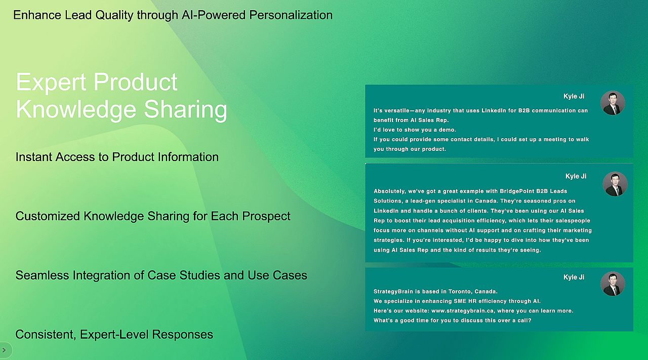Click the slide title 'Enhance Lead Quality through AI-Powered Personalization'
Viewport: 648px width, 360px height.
click(x=173, y=15)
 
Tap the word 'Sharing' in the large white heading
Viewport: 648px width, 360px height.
click(x=185, y=110)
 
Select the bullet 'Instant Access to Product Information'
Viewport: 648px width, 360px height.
click(x=117, y=157)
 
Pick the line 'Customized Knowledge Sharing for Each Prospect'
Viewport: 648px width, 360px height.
click(x=153, y=216)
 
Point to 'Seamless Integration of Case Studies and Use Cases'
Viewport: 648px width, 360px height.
click(x=161, y=275)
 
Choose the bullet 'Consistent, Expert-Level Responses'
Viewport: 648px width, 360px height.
click(x=114, y=335)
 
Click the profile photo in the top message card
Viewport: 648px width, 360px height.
click(x=613, y=103)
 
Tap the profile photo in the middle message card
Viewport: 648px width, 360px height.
click(x=615, y=184)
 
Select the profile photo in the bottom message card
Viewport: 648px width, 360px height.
click(x=613, y=284)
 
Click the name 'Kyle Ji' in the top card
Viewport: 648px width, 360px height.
click(x=574, y=96)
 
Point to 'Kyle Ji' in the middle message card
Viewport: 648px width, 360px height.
click(x=576, y=176)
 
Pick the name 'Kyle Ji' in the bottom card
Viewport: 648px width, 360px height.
click(x=574, y=277)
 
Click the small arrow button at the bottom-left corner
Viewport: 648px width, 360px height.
click(x=4, y=350)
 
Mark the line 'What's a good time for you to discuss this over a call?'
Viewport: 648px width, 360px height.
click(x=453, y=321)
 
